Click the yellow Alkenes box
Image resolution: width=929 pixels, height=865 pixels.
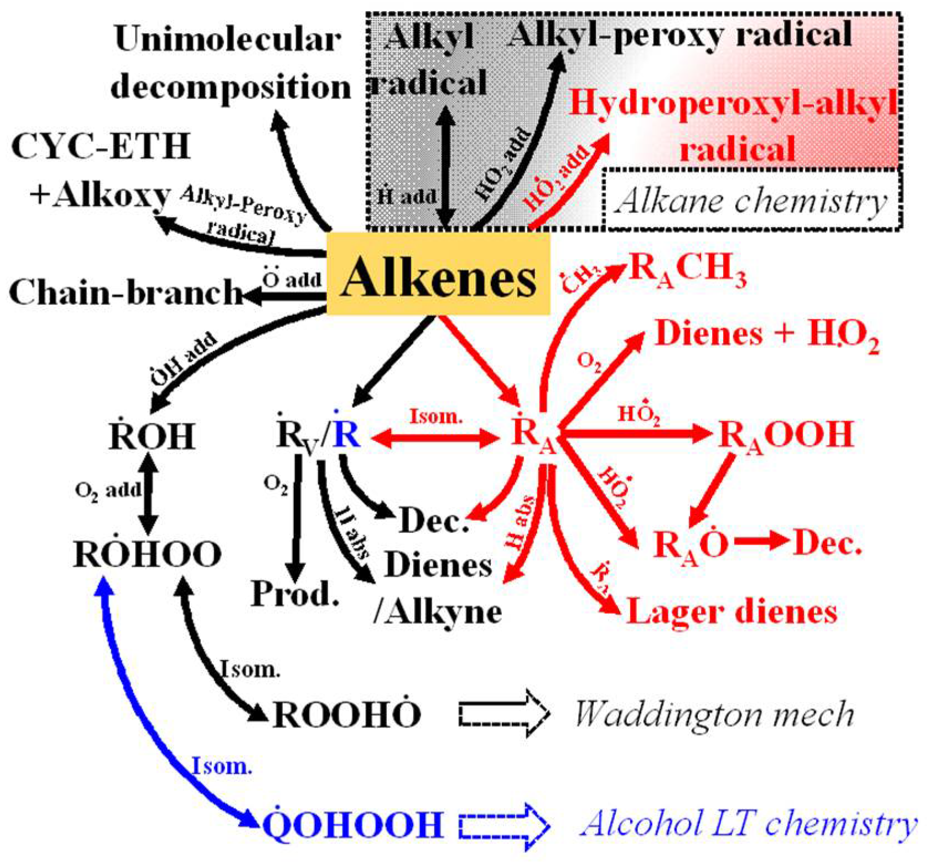coord(438,274)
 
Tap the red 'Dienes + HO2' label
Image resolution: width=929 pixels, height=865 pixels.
coord(767,335)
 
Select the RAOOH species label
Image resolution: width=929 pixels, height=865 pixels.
coord(786,436)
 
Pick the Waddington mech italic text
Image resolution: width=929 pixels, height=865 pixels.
coord(714,714)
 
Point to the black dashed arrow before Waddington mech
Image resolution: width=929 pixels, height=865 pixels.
coord(504,713)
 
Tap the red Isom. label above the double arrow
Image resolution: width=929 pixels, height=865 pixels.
coord(436,416)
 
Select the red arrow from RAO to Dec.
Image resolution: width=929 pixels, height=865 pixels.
coord(761,541)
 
